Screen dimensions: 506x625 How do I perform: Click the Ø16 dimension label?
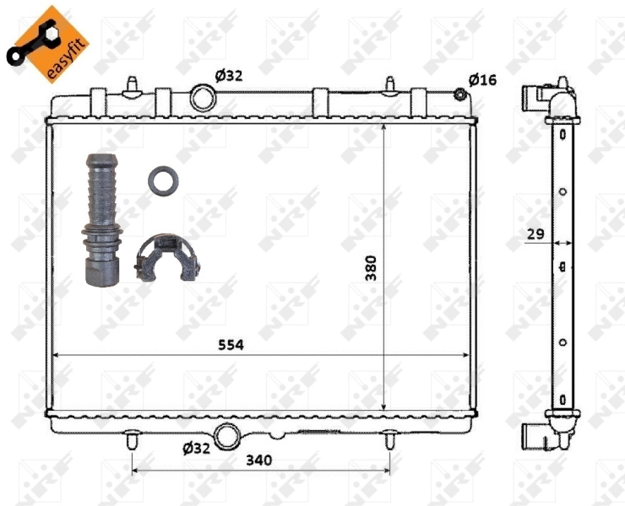tap(482, 79)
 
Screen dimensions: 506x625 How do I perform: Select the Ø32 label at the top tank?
tap(228, 75)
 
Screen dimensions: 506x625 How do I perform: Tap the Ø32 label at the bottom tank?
tap(195, 448)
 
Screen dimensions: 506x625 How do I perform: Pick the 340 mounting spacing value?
tap(259, 460)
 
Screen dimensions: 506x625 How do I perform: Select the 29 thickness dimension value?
tap(534, 234)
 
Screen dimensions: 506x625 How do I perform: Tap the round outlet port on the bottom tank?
tap(227, 437)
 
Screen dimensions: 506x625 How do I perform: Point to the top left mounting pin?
tap(132, 86)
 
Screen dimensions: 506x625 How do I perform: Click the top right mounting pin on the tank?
tap(389, 86)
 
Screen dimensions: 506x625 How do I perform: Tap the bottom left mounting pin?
tap(132, 439)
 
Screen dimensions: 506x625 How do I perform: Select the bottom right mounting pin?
tap(389, 439)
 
